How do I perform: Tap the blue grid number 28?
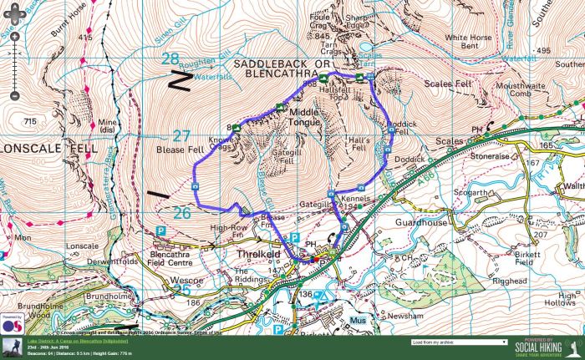[170, 59]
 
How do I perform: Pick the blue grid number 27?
[181, 135]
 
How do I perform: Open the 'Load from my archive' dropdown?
[459, 342]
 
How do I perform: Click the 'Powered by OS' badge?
[13, 324]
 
